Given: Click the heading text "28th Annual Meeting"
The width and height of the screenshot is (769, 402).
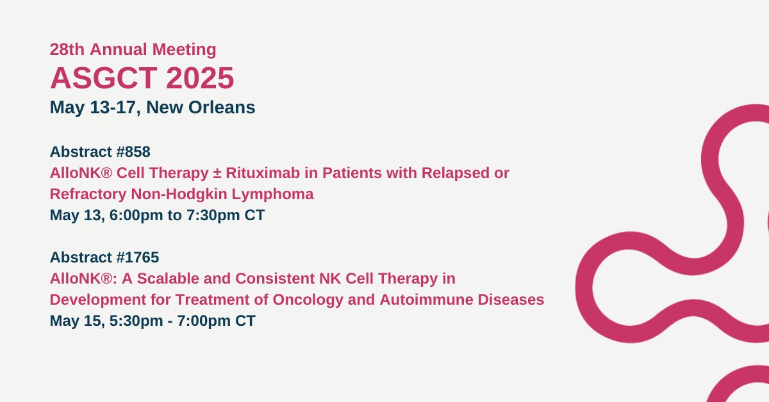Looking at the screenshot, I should click(133, 49).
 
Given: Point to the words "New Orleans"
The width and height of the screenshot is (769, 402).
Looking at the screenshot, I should click(201, 108).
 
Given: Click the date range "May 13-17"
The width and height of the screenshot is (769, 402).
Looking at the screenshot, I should click(93, 108).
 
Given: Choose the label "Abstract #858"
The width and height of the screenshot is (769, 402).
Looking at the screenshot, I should click(100, 152).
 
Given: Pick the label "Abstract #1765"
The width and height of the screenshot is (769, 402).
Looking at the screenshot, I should click(104, 257).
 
